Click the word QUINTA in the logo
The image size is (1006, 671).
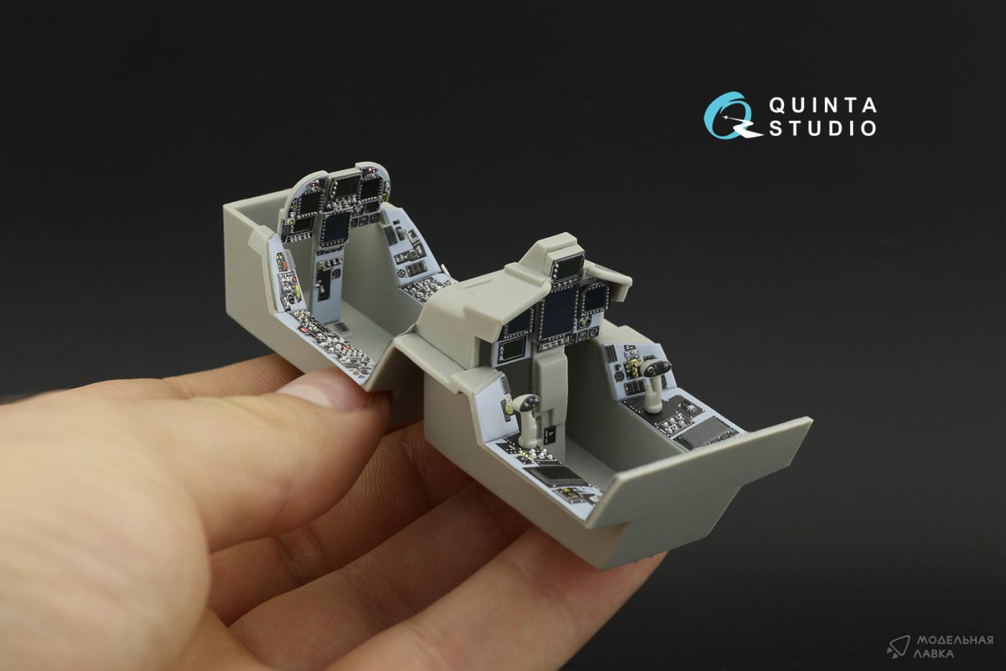823,106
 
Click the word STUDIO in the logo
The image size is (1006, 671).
823,128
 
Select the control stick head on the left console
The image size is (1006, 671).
527,403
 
